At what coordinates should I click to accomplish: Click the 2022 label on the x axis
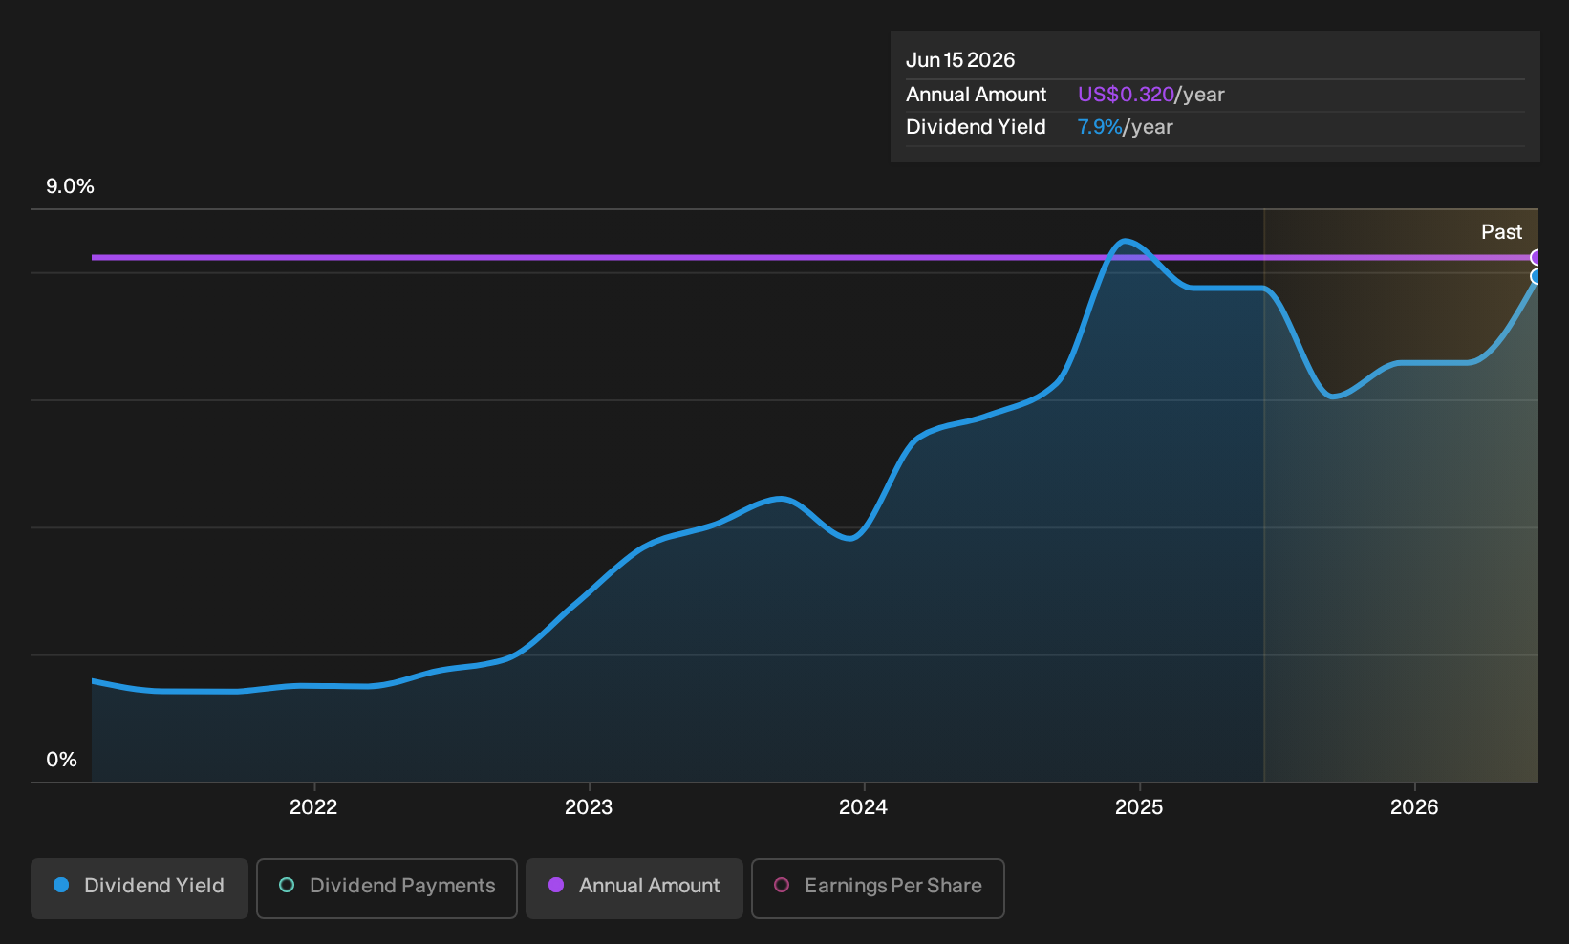click(x=313, y=807)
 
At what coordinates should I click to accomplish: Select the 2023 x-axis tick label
click(x=589, y=807)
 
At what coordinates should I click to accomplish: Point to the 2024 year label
click(x=863, y=807)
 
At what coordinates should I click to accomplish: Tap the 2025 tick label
click(x=1139, y=807)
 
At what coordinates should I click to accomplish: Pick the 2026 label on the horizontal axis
click(x=1414, y=807)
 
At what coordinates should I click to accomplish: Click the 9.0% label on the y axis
click(x=70, y=186)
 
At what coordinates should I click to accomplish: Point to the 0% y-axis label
click(x=62, y=760)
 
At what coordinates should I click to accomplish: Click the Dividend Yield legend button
click(x=140, y=888)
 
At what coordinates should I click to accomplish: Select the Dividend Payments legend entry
click(x=387, y=888)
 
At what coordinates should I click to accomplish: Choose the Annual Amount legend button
click(x=634, y=888)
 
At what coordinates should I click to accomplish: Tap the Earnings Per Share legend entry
click(x=877, y=888)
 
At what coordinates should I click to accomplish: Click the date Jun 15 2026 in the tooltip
click(x=960, y=60)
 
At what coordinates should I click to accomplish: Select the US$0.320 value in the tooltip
click(x=1126, y=95)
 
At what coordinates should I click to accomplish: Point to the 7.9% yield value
click(x=1100, y=127)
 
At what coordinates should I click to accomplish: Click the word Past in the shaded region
click(x=1502, y=232)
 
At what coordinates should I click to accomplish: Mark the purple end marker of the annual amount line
click(x=1535, y=258)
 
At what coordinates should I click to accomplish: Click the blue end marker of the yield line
click(x=1535, y=277)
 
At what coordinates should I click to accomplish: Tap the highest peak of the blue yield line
click(x=1125, y=242)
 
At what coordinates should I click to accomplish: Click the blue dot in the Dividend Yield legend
click(x=61, y=885)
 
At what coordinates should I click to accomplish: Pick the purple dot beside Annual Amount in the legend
click(x=555, y=885)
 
